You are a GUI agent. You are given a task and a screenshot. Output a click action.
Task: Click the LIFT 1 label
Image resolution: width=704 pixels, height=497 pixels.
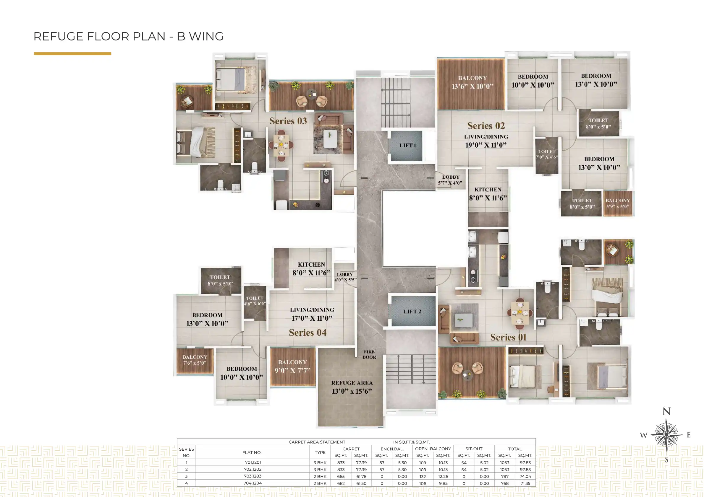tap(407, 146)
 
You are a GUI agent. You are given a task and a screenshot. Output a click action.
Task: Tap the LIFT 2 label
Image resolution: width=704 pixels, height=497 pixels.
tap(412, 312)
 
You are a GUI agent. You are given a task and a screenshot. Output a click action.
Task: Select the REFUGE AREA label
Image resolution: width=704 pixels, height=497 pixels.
tap(352, 387)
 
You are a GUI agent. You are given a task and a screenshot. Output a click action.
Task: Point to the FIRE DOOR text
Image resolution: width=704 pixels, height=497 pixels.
tap(369, 355)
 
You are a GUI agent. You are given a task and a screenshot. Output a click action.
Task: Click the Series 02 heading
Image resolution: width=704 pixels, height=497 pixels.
tap(486, 126)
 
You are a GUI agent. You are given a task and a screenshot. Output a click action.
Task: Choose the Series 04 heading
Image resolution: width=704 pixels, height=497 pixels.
tap(308, 333)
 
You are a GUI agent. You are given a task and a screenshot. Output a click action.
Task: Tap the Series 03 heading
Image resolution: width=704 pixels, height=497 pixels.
tap(288, 121)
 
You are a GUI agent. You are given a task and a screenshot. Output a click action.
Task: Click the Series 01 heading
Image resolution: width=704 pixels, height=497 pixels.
tap(508, 337)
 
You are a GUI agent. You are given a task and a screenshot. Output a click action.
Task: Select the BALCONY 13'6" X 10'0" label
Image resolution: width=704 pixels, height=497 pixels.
tap(472, 82)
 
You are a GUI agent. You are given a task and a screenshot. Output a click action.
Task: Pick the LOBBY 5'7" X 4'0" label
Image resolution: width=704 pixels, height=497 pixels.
tap(450, 180)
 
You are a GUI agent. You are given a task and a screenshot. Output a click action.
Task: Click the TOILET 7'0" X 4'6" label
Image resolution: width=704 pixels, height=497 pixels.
tap(547, 154)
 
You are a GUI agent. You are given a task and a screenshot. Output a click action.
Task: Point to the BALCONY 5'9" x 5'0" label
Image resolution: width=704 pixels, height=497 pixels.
tap(618, 203)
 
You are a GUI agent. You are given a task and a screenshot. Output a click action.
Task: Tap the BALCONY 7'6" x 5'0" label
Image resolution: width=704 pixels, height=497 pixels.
tap(195, 360)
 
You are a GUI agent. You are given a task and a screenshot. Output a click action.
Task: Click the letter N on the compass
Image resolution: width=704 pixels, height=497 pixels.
tap(666, 411)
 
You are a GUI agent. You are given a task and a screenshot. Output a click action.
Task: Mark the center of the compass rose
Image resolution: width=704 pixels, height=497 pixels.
tap(666, 434)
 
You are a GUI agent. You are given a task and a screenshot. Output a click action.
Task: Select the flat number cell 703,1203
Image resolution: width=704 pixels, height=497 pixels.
tap(253, 476)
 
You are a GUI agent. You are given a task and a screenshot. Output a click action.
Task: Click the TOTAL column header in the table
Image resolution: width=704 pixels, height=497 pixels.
tap(515, 449)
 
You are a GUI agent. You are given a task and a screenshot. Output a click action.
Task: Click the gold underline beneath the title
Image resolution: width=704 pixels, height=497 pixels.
tap(72, 53)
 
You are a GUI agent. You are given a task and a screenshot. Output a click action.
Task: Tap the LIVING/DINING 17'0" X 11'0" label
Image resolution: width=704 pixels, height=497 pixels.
tap(312, 314)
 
